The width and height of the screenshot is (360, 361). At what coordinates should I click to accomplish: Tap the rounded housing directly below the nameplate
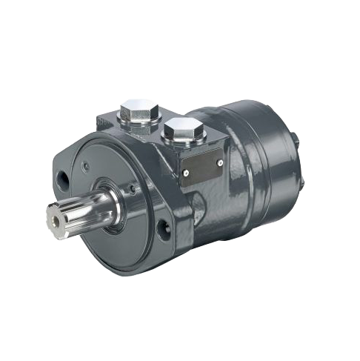point(211,215)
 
